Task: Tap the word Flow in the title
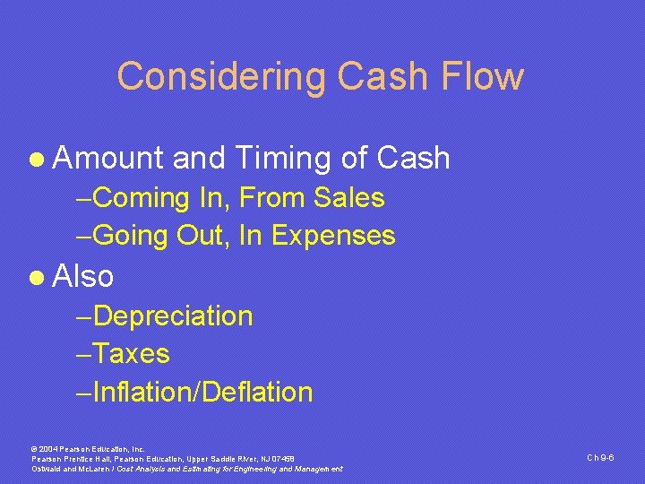487,76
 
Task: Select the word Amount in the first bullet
108,159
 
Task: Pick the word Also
83,276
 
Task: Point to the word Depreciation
173,315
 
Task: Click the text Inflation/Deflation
202,393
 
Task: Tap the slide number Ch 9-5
599,457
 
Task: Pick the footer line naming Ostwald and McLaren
187,469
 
